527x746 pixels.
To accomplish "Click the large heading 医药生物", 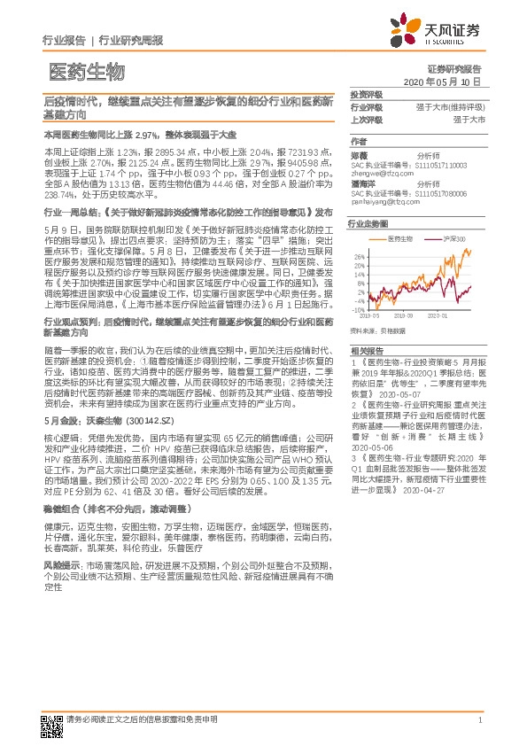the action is click(x=86, y=72).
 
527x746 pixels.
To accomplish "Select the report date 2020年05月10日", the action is click(x=441, y=81).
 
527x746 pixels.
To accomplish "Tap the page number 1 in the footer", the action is click(x=479, y=720).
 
